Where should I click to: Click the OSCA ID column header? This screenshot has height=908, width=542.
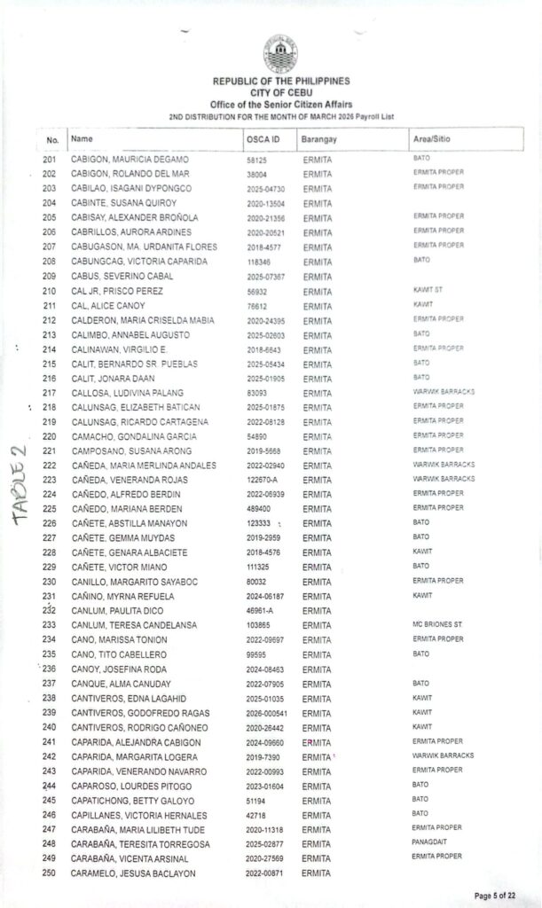click(263, 140)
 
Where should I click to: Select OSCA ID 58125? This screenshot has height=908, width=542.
click(256, 160)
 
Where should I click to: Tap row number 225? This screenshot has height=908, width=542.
click(50, 509)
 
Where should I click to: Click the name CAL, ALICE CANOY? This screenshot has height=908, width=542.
click(106, 306)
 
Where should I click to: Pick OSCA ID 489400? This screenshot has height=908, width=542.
click(259, 509)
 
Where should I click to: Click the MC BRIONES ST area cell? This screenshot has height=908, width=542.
click(437, 623)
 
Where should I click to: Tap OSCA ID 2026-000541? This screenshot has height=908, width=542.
click(267, 713)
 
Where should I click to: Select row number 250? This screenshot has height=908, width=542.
click(50, 873)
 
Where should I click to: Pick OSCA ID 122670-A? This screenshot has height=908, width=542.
click(263, 480)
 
